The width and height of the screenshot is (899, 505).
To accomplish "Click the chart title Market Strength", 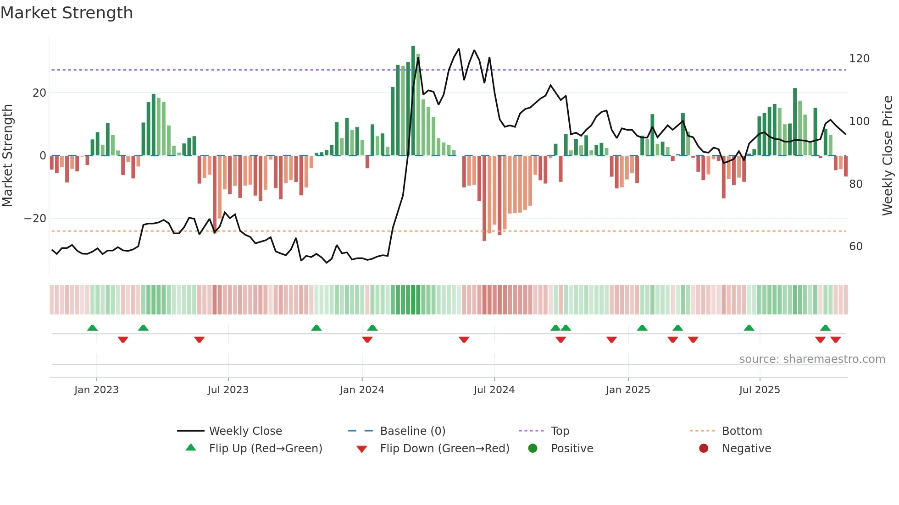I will tap(67, 13).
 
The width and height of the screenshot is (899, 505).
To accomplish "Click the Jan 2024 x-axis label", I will tap(361, 390).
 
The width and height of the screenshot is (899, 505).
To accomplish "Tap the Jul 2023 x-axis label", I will tap(228, 390).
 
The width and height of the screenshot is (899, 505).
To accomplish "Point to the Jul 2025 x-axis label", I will tap(759, 390).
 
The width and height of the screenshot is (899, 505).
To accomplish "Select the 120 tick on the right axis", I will tap(859, 59).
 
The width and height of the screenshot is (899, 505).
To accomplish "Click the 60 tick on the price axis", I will tap(856, 247).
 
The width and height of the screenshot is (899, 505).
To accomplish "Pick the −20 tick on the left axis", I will tap(35, 219).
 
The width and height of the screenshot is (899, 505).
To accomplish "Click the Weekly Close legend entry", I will tap(245, 431).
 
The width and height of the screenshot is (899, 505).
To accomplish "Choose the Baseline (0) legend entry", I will tap(412, 431).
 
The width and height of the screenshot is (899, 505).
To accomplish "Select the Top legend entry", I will tap(560, 431).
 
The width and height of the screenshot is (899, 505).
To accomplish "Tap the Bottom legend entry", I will tap(742, 431).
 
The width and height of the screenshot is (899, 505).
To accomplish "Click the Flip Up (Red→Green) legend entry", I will tap(265, 449).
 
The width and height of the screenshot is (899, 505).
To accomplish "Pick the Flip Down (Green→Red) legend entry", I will tap(444, 449).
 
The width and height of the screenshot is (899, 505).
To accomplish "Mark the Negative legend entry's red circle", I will tap(703, 449).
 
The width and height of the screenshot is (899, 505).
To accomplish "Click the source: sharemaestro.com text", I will tap(812, 359).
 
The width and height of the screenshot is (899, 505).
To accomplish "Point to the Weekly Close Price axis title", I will tap(888, 156).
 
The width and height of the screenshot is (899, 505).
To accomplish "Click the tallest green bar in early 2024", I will tap(413, 101).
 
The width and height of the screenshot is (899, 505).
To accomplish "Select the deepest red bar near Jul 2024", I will tap(484, 198).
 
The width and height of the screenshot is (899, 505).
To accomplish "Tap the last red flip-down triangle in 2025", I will tap(835, 340).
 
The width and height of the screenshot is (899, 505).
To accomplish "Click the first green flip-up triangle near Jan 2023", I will tap(92, 328).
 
